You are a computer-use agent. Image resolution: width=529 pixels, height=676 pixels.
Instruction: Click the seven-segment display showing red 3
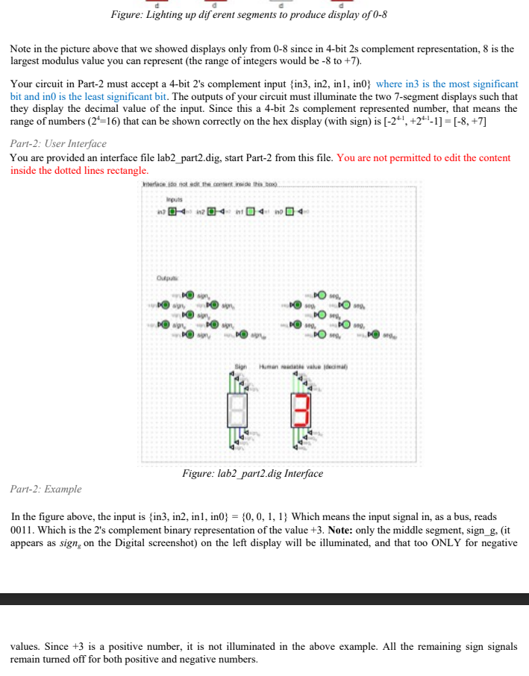coord(299,412)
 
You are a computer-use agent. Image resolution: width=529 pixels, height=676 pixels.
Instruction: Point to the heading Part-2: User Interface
coord(58,143)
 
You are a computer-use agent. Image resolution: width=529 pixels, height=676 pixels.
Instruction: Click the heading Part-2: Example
coord(46,489)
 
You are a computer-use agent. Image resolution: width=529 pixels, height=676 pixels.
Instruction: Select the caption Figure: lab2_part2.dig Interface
coord(253,474)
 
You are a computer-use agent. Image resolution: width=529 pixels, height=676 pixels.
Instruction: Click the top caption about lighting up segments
coord(248,15)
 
